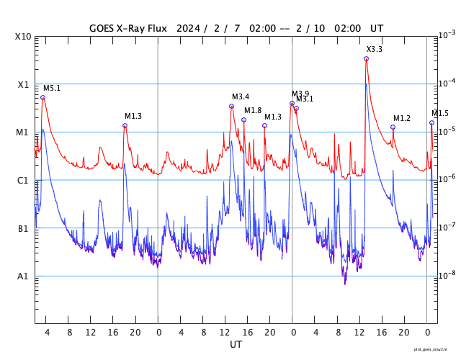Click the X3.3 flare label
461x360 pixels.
(x=375, y=49)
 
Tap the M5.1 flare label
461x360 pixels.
(x=52, y=88)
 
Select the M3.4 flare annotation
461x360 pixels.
(x=241, y=96)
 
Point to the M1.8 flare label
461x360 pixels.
(x=253, y=110)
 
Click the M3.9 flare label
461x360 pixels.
(x=300, y=94)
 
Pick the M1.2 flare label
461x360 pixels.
(x=402, y=118)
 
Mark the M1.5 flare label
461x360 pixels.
(x=440, y=113)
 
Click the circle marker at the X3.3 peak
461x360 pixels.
(x=367, y=58)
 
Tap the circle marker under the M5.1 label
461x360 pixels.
(x=42, y=97)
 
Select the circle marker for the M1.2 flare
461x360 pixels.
(x=393, y=127)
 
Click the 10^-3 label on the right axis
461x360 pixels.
(x=447, y=35)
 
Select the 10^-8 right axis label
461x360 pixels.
(x=447, y=275)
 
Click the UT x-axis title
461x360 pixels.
(x=236, y=345)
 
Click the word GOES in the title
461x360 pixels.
(x=104, y=28)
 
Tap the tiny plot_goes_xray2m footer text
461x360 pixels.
(x=436, y=348)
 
